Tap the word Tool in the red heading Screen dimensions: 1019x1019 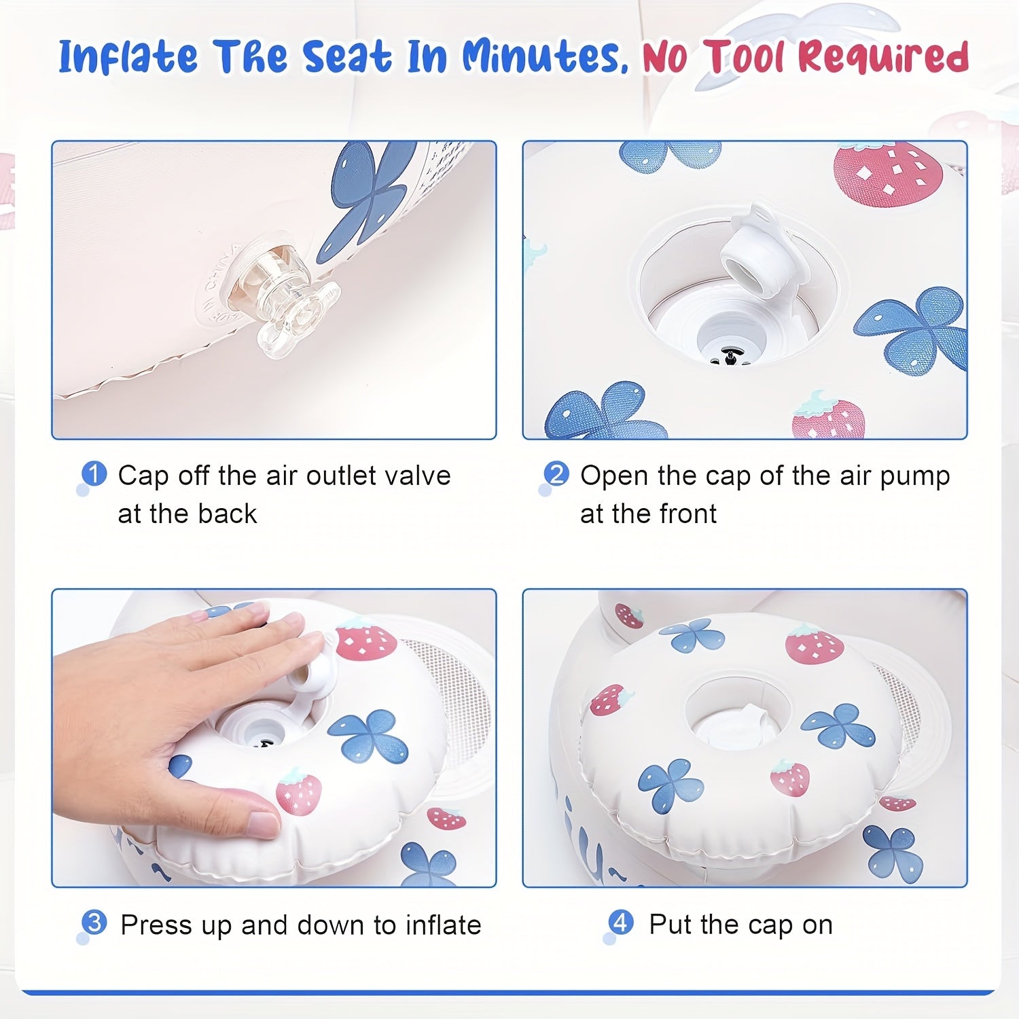coord(747,56)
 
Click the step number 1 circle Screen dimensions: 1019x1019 coord(94,473)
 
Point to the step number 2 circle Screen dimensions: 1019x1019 coord(556,473)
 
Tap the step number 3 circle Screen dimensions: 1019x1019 coord(94,923)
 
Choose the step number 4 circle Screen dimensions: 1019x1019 coord(621,923)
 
